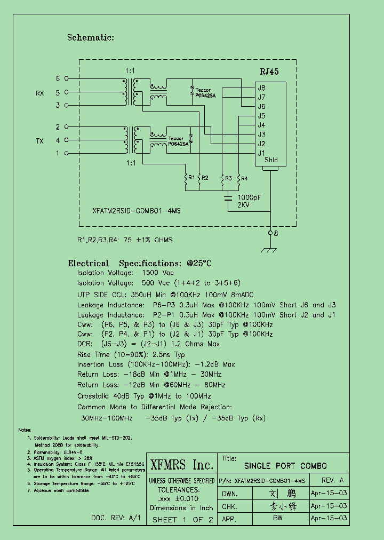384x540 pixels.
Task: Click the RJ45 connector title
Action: pos(269,72)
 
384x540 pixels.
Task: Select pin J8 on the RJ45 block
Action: pos(261,88)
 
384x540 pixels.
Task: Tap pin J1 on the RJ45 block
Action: pos(261,153)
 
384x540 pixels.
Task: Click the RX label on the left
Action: pos(40,93)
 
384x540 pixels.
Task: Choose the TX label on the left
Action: pos(40,141)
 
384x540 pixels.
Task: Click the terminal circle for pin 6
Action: pos(66,79)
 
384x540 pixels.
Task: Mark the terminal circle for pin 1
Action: pos(66,154)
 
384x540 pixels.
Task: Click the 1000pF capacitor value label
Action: pos(249,197)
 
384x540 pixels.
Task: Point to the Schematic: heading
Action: pos(90,37)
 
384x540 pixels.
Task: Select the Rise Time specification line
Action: pos(131,354)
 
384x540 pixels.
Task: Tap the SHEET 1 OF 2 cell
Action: pos(182,519)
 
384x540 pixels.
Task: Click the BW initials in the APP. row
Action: pos(277,518)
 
